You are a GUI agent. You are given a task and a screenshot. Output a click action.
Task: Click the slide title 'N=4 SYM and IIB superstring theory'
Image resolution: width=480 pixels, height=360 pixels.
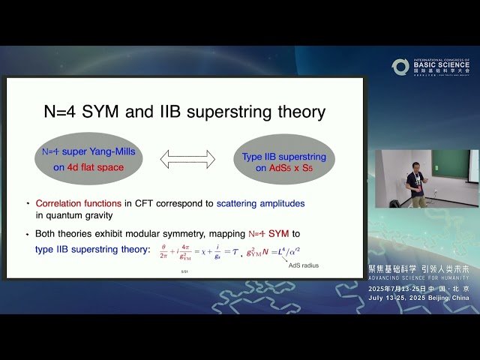[x=183, y=112]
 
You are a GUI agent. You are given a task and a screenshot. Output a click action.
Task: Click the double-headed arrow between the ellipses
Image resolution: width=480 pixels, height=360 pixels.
[x=187, y=158]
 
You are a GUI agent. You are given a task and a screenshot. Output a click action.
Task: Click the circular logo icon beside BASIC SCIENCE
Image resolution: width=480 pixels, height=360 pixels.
[x=400, y=67]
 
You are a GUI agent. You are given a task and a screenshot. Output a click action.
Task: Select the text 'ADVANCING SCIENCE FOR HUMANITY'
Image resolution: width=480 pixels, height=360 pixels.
[x=419, y=277]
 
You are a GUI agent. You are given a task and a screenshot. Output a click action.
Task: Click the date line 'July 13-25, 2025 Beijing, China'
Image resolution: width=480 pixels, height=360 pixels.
[x=419, y=298]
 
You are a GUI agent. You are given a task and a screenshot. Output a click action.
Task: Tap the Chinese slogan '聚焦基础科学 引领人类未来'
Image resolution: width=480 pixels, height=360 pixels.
[x=419, y=268]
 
